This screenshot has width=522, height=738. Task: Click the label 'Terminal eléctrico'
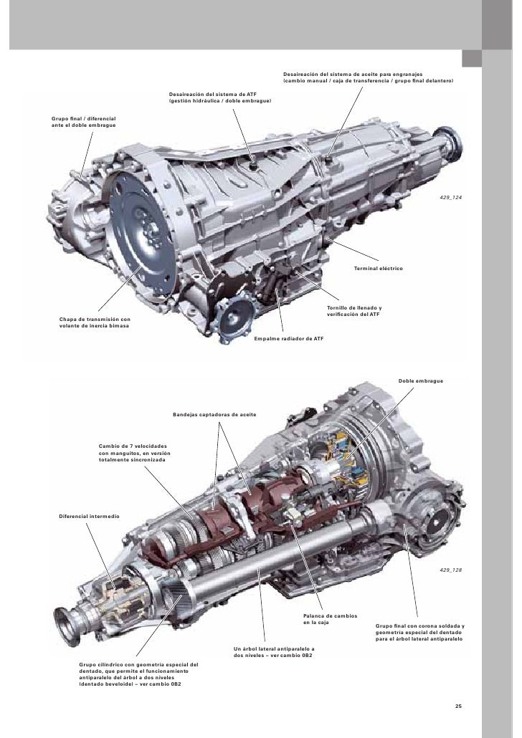[x=379, y=268]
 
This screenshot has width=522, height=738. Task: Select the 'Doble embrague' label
[x=421, y=380]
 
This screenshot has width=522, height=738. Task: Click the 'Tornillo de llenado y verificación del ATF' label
[x=354, y=311]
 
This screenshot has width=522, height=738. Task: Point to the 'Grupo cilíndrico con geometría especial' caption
[x=138, y=675]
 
